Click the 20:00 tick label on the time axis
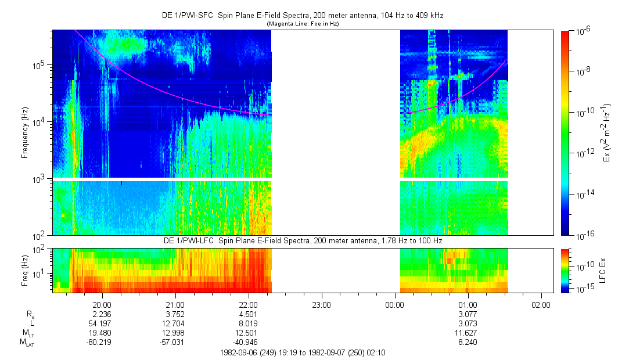point(102,304)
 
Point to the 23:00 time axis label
point(321,304)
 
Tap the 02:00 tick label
point(541,304)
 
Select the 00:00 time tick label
point(394,304)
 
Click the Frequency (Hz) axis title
point(25,133)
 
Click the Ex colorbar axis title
point(607,133)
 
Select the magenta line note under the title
point(303,24)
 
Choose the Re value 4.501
point(249,314)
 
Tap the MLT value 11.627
point(468,333)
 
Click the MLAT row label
point(27,343)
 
